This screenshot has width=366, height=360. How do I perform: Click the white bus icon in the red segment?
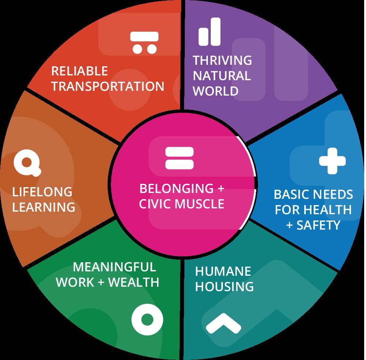click(145, 42)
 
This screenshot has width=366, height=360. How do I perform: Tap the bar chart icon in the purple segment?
click(210, 32)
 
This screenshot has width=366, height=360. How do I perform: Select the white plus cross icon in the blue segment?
click(332, 160)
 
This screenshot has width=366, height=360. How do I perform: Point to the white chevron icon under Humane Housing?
click(223, 324)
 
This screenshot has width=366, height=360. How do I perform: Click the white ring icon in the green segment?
click(147, 320)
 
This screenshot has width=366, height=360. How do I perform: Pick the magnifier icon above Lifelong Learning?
click(27, 164)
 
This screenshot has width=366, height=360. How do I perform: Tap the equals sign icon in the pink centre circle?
click(179, 158)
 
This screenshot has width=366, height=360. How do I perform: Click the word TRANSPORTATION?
click(108, 86)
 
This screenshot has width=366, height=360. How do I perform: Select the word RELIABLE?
click(79, 71)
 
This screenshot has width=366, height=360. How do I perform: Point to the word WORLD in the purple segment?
click(216, 91)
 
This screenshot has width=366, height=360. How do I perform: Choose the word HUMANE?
click(223, 271)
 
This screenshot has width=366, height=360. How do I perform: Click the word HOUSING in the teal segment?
click(224, 286)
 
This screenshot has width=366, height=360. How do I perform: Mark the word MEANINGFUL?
click(115, 267)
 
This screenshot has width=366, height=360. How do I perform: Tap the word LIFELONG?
click(42, 192)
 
